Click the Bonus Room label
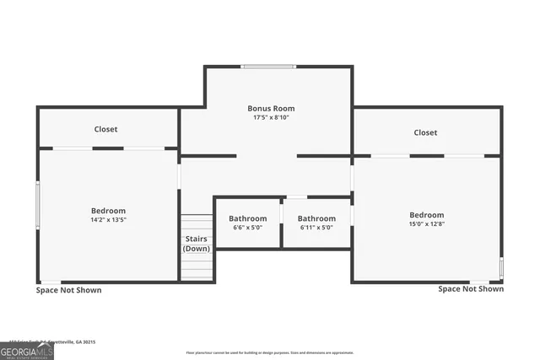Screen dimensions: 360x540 click(x=271, y=108)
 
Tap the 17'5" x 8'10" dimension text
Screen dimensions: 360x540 click(x=271, y=117)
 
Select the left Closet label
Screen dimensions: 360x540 click(x=106, y=129)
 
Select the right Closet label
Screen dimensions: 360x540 click(x=425, y=132)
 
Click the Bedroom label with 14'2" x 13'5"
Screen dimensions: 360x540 click(x=108, y=210)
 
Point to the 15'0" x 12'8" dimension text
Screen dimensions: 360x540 click(x=426, y=223)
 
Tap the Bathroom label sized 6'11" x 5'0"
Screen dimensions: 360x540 click(x=316, y=218)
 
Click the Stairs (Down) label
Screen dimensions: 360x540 click(x=197, y=244)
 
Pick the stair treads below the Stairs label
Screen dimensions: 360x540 click(x=197, y=267)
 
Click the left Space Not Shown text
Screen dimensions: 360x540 click(x=68, y=290)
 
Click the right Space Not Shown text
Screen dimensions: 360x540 click(x=471, y=288)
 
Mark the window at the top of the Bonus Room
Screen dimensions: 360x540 click(x=268, y=67)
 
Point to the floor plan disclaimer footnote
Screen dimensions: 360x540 click(x=270, y=352)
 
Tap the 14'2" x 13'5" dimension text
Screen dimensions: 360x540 click(x=108, y=219)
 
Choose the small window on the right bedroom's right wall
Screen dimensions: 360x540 click(x=501, y=268)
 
